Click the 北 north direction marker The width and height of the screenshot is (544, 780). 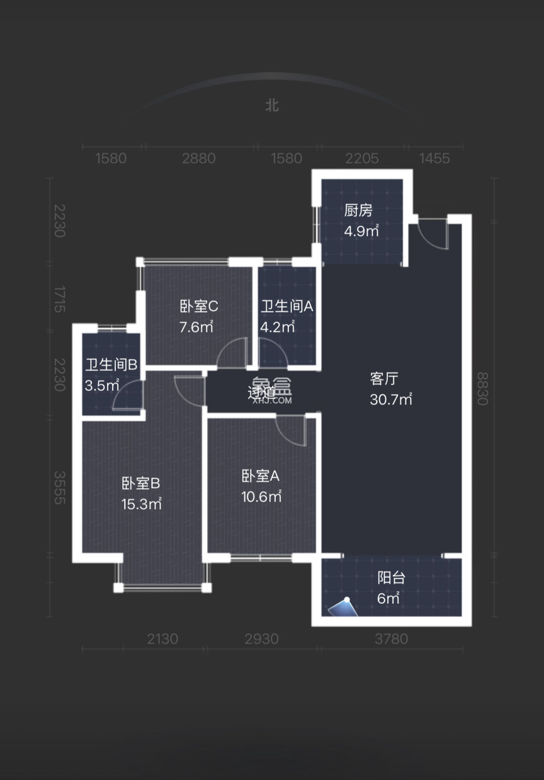[272, 105]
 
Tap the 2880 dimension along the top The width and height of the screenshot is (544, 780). [199, 158]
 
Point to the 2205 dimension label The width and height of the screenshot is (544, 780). [362, 158]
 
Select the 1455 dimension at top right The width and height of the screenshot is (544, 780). [434, 158]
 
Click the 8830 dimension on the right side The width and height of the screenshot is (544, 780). [483, 389]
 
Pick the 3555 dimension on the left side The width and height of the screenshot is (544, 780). [59, 488]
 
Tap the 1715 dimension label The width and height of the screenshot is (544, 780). [59, 299]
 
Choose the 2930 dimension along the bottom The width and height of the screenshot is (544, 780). [262, 639]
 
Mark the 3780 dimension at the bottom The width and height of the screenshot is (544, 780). [391, 639]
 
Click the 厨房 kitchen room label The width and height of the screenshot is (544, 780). [358, 210]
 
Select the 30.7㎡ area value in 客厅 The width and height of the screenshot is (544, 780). [391, 400]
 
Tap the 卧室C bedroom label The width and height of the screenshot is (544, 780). [199, 307]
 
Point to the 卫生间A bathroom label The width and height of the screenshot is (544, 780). [287, 307]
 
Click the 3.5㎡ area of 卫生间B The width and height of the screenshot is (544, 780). [102, 385]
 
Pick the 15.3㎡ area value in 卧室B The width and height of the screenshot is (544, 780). [141, 504]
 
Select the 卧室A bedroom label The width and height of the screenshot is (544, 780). [260, 476]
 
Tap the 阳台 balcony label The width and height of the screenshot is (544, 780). [391, 578]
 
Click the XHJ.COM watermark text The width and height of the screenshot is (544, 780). [272, 401]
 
